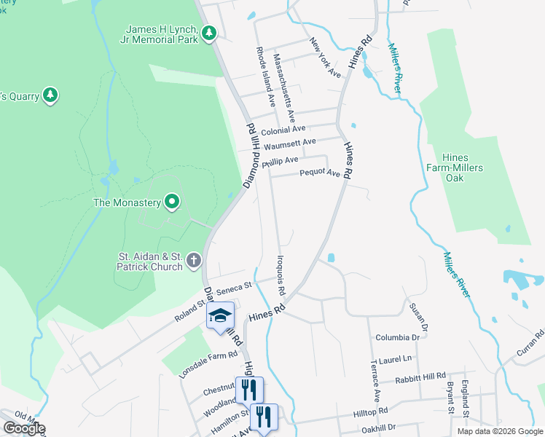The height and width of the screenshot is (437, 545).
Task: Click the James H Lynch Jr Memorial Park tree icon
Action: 210,33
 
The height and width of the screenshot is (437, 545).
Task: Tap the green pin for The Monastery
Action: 172,201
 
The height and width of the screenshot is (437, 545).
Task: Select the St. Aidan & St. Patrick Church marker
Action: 194,259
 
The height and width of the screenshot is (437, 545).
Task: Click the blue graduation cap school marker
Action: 220,315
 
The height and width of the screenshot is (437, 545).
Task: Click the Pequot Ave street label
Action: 321,173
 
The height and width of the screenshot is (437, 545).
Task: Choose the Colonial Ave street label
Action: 283,130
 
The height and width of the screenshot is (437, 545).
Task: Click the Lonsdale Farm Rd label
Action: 210,355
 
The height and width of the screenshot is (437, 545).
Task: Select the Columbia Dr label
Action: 398,338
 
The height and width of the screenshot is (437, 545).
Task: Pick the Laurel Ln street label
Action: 396,358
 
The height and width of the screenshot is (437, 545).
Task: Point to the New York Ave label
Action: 325,58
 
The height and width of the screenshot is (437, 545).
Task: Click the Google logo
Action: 24,428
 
